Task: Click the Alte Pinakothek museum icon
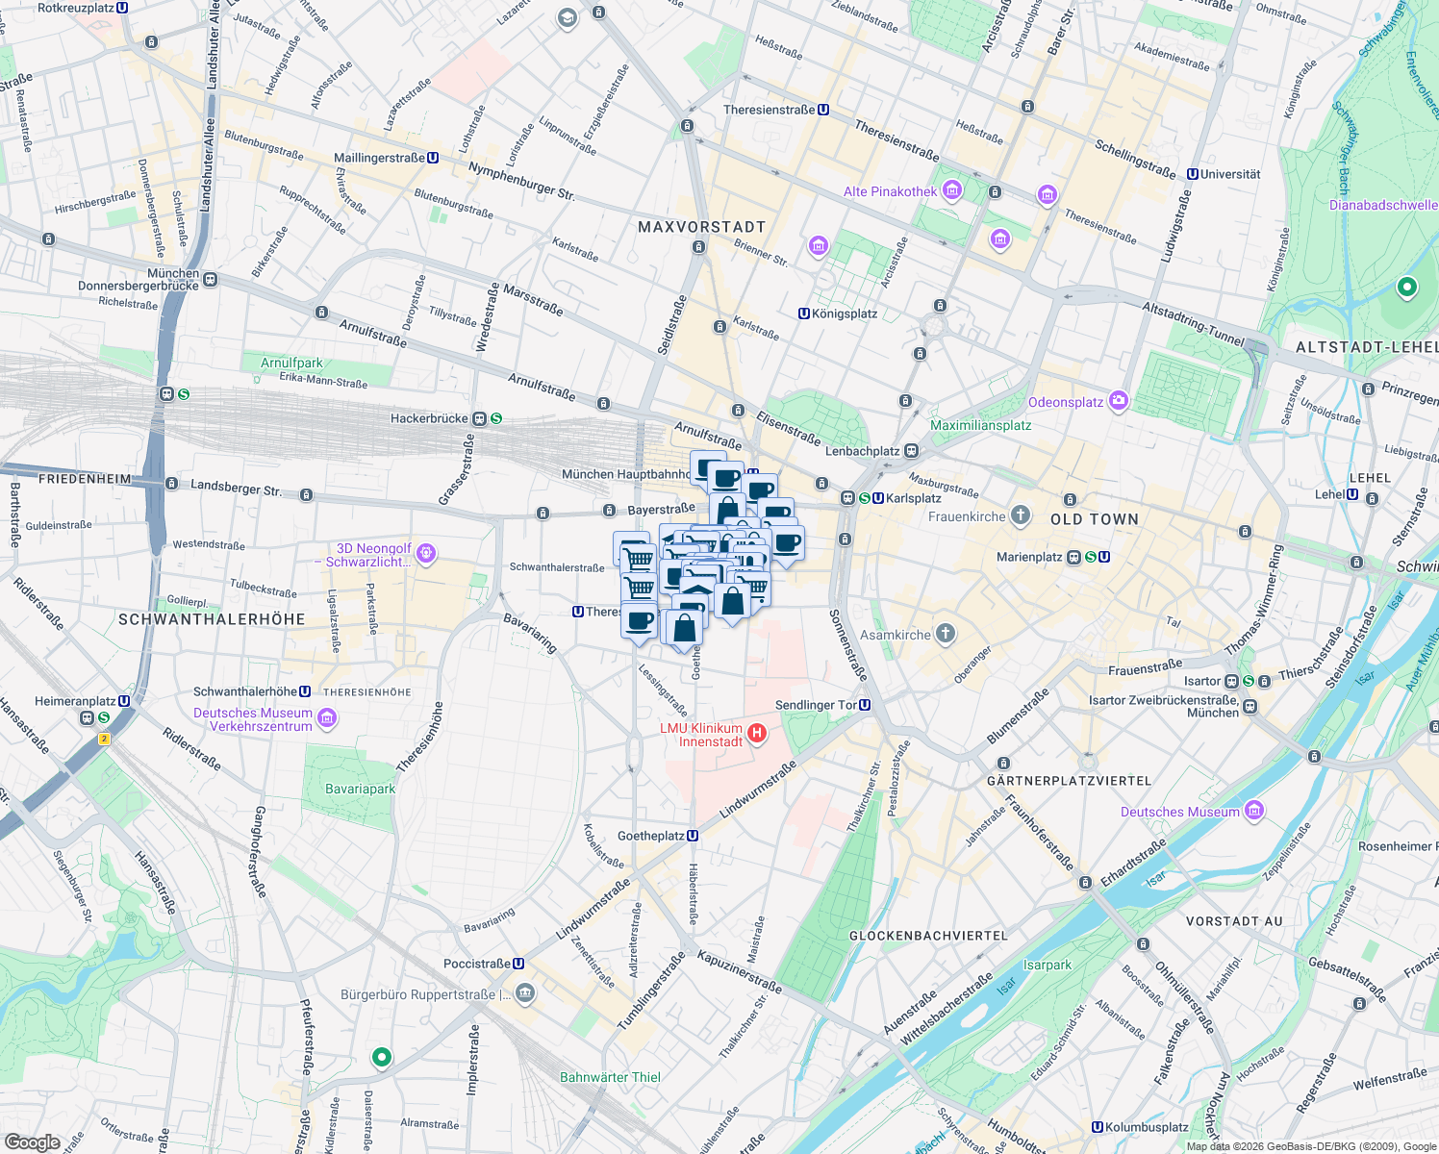click(x=952, y=190)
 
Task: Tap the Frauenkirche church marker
click(x=1021, y=516)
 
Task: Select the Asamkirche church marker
click(x=947, y=634)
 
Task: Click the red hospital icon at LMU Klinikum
click(x=757, y=735)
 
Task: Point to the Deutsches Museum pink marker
click(x=1253, y=811)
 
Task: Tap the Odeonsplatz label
click(x=1065, y=402)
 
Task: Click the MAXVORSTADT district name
click(x=701, y=227)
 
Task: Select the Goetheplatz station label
click(x=650, y=836)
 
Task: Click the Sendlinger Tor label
click(x=816, y=705)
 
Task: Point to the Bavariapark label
click(x=360, y=789)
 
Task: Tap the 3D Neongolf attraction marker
click(x=427, y=554)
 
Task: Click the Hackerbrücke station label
click(x=429, y=418)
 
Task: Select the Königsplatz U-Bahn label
click(x=845, y=314)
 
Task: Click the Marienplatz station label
click(x=1029, y=557)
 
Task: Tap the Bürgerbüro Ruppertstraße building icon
click(x=525, y=992)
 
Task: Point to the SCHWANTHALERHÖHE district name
click(x=212, y=619)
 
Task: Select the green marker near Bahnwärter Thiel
click(x=382, y=1057)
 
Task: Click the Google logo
click(x=32, y=1141)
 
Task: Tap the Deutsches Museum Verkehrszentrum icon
click(x=327, y=718)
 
